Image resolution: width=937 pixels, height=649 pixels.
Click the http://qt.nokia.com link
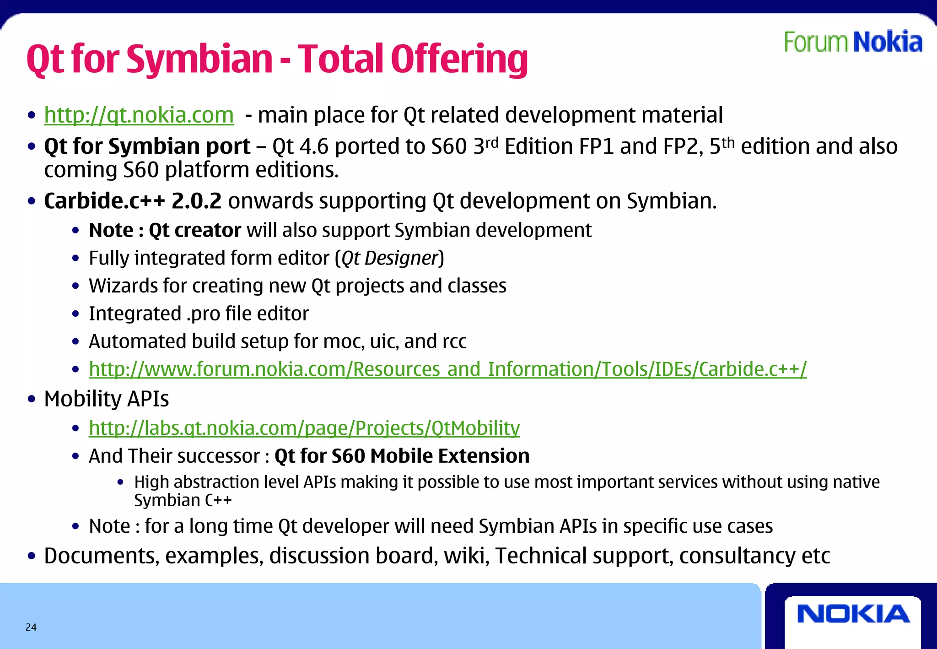pos(139,115)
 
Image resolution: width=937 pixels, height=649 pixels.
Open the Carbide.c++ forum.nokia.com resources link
pos(447,369)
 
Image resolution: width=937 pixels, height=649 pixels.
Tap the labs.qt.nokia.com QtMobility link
pos(304,428)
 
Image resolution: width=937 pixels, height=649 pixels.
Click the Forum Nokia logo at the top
pos(853,42)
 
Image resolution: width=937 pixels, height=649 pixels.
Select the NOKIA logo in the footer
pos(853,614)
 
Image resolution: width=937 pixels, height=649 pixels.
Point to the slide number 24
pos(31,627)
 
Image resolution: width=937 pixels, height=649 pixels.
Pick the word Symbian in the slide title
pos(199,59)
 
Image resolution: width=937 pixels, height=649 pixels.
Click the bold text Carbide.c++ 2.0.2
pos(133,201)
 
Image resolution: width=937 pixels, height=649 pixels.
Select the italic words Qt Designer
pos(390,258)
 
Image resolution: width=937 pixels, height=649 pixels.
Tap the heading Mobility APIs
pos(107,399)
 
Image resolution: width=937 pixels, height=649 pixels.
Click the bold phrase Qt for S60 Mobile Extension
pos(402,456)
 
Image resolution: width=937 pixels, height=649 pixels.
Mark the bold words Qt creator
pos(195,230)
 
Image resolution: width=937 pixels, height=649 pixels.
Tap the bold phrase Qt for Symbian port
pos(147,147)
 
